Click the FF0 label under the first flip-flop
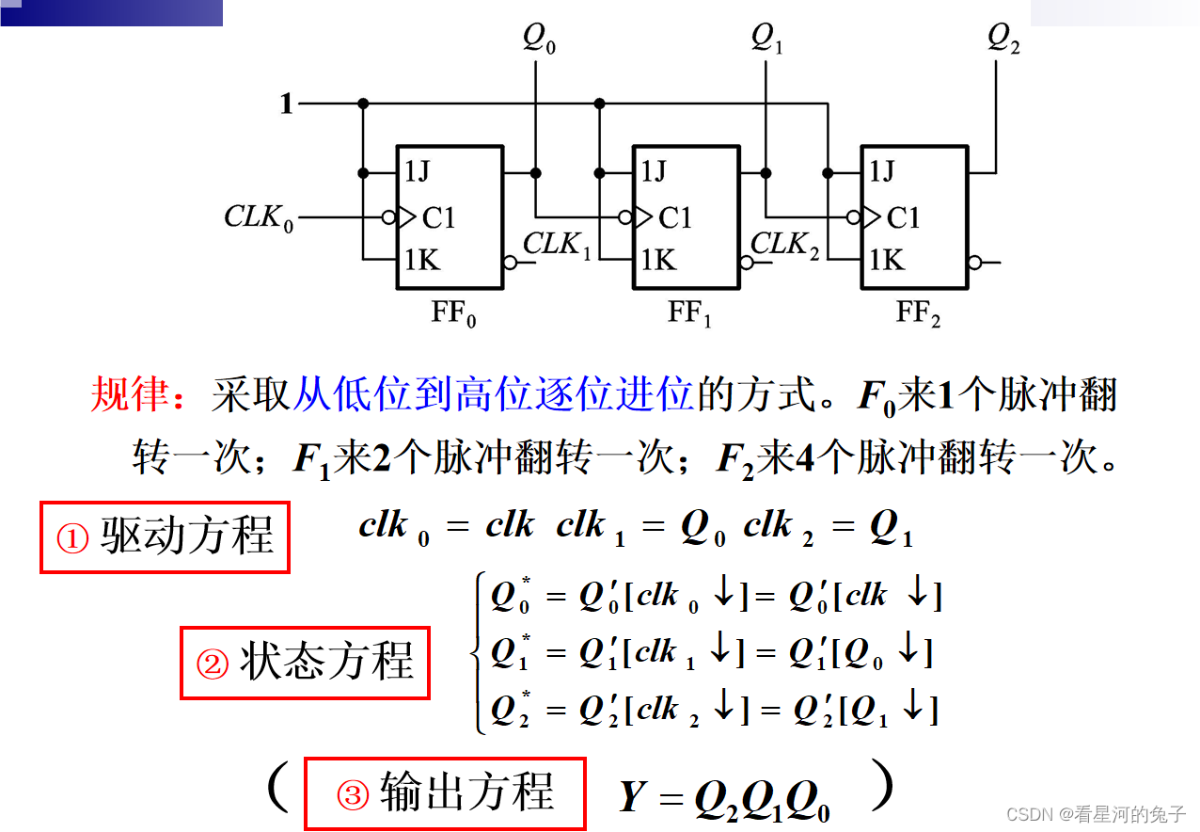pos(453,313)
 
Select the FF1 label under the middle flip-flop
pos(689,313)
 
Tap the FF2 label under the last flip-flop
pos(918,313)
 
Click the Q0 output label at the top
pos(538,40)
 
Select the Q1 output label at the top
pos(766,40)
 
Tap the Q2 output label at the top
pos(1003,40)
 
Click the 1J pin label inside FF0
pos(419,172)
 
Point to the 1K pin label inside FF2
pos(887,260)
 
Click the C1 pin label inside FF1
pos(674,218)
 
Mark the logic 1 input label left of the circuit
pos(286,104)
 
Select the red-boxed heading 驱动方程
pos(165,537)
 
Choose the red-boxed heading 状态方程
pos(305,663)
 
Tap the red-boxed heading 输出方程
pos(445,793)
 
